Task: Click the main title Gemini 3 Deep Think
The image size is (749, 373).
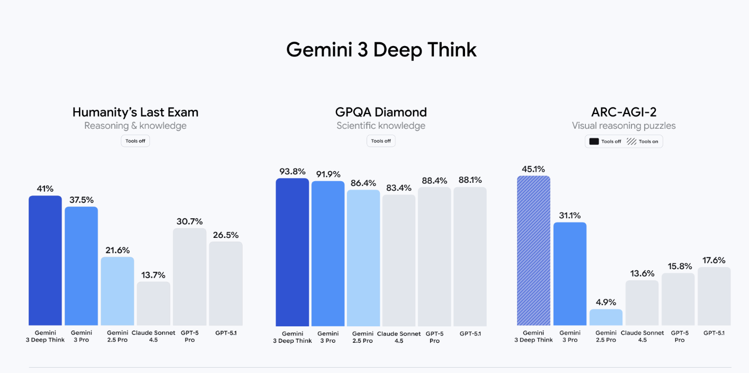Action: point(381,50)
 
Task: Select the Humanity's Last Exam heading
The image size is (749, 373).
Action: point(135,112)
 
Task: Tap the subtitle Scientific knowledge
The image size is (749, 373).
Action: point(381,126)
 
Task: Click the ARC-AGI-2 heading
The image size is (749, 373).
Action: point(623,112)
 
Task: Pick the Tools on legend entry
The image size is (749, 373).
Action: point(643,141)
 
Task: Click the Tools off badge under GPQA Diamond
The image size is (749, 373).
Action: point(381,141)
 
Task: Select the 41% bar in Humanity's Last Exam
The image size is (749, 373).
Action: point(45,260)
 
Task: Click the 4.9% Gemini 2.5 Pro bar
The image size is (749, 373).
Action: point(605,317)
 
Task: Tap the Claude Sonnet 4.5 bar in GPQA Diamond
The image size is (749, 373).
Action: point(399,260)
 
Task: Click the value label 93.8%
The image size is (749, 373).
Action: point(292,171)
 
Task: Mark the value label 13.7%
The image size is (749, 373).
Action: point(153,275)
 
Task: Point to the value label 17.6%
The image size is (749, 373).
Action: point(714,260)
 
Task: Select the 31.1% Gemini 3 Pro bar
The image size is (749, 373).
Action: point(569,273)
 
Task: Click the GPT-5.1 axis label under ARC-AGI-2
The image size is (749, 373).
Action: point(714,333)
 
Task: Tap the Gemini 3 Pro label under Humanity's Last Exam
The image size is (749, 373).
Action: point(81,336)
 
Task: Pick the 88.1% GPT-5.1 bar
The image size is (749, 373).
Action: point(470,256)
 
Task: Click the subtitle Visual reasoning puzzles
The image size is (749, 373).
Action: point(623,126)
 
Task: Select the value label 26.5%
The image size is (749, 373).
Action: point(225,235)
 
